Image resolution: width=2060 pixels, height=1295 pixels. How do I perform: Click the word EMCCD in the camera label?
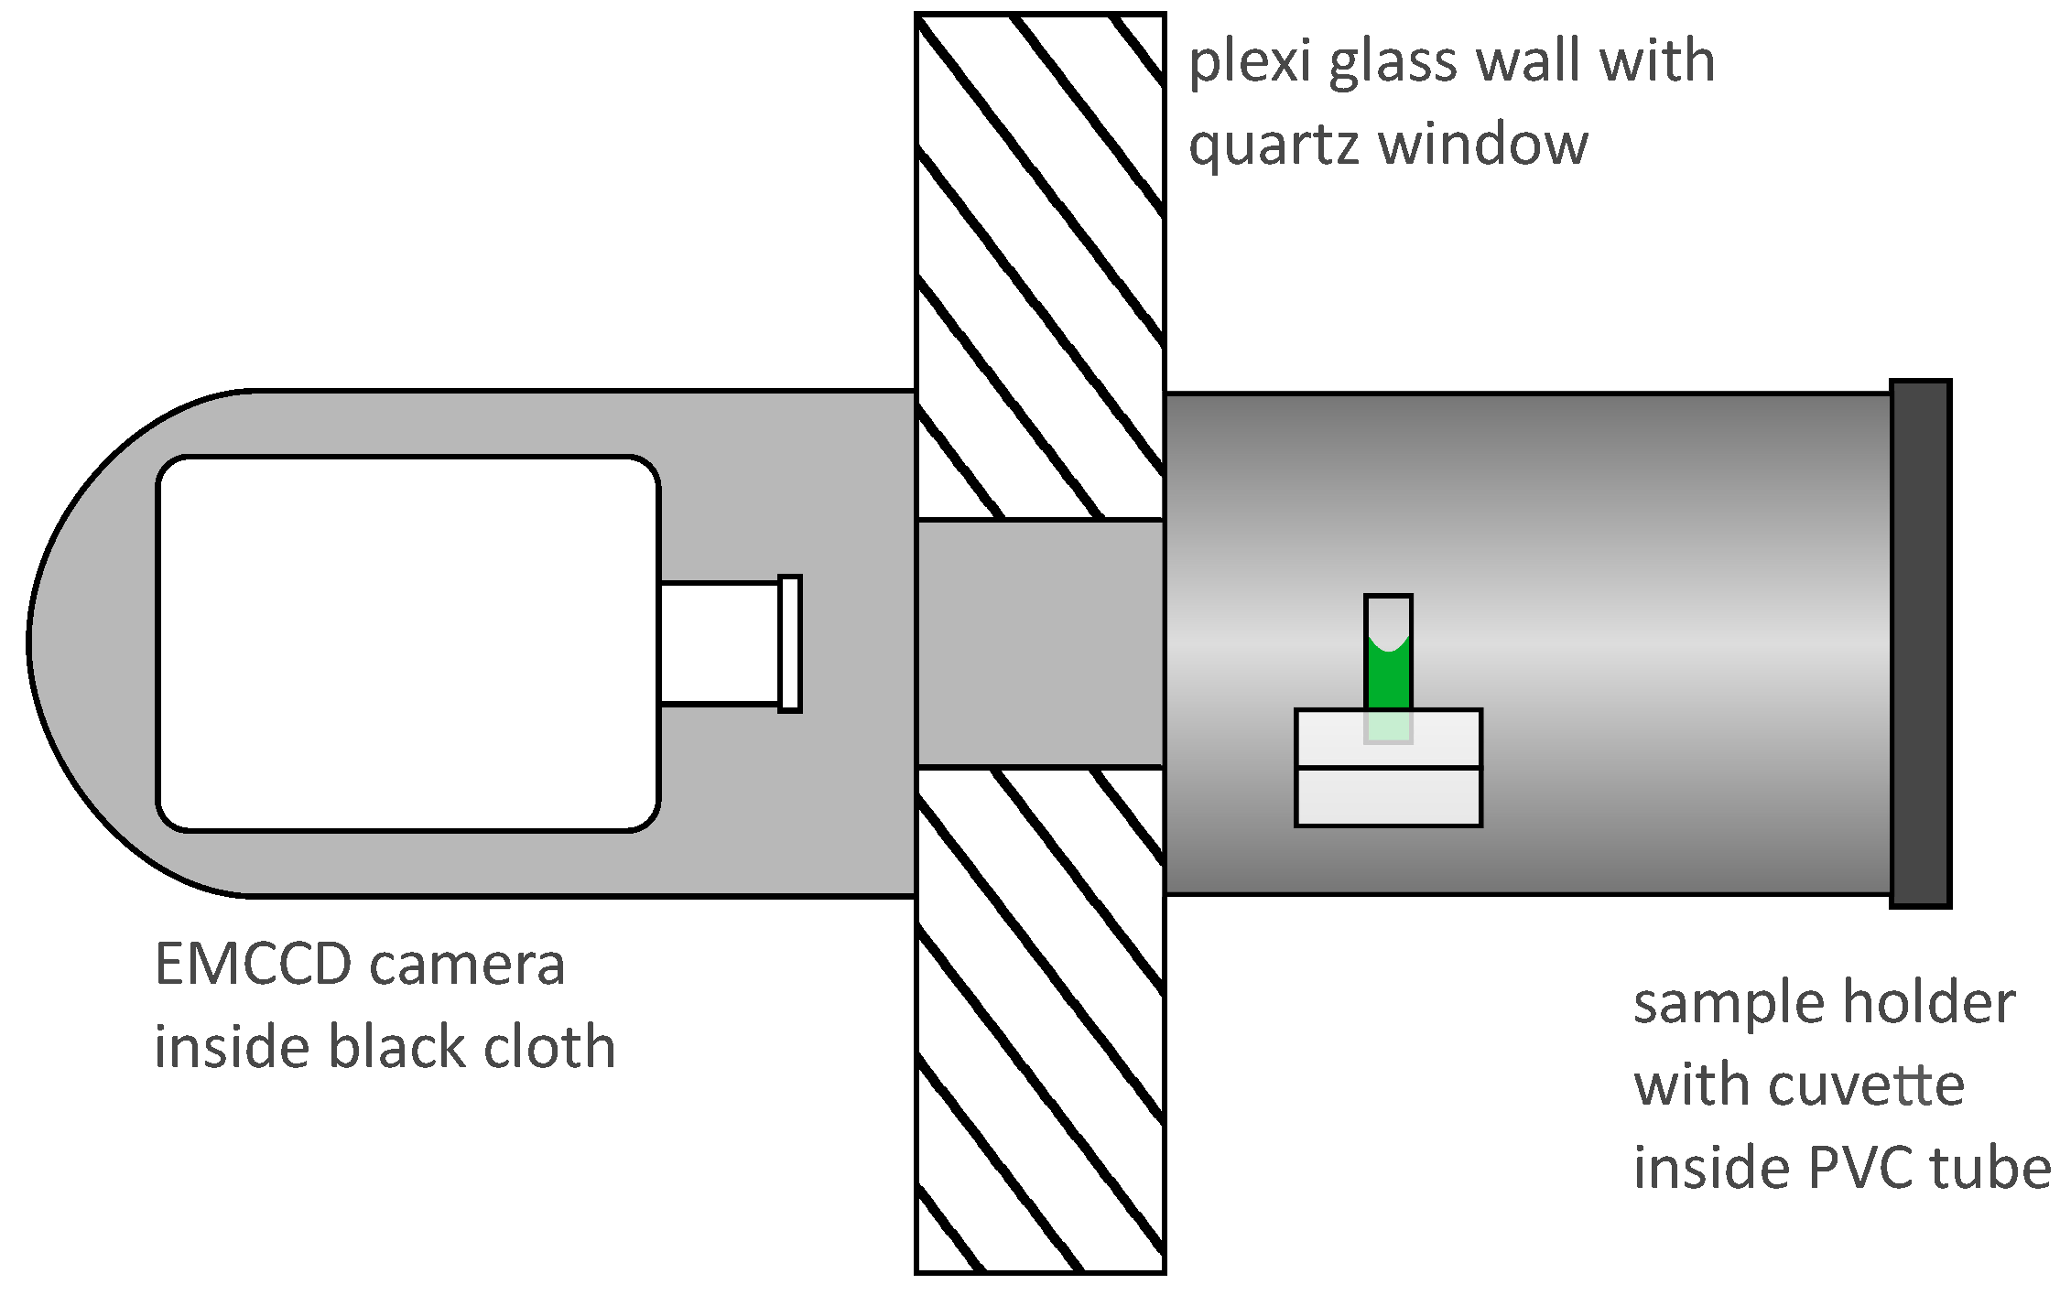click(x=253, y=965)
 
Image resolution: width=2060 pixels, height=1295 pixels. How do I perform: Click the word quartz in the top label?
click(x=1274, y=146)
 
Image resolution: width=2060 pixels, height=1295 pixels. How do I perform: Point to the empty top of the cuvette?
click(x=1388, y=615)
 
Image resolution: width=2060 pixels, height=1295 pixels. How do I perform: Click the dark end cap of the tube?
click(x=1920, y=643)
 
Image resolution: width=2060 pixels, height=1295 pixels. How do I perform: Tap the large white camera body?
click(x=407, y=643)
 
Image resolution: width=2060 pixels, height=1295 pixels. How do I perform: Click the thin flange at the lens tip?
click(x=789, y=643)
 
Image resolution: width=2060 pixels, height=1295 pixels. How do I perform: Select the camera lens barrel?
click(x=719, y=643)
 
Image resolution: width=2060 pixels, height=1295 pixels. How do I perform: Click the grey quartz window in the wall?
click(x=1040, y=643)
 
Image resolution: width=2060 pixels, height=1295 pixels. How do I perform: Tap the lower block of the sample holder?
click(x=1388, y=797)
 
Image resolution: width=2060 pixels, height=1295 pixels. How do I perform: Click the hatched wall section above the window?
click(x=1040, y=265)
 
